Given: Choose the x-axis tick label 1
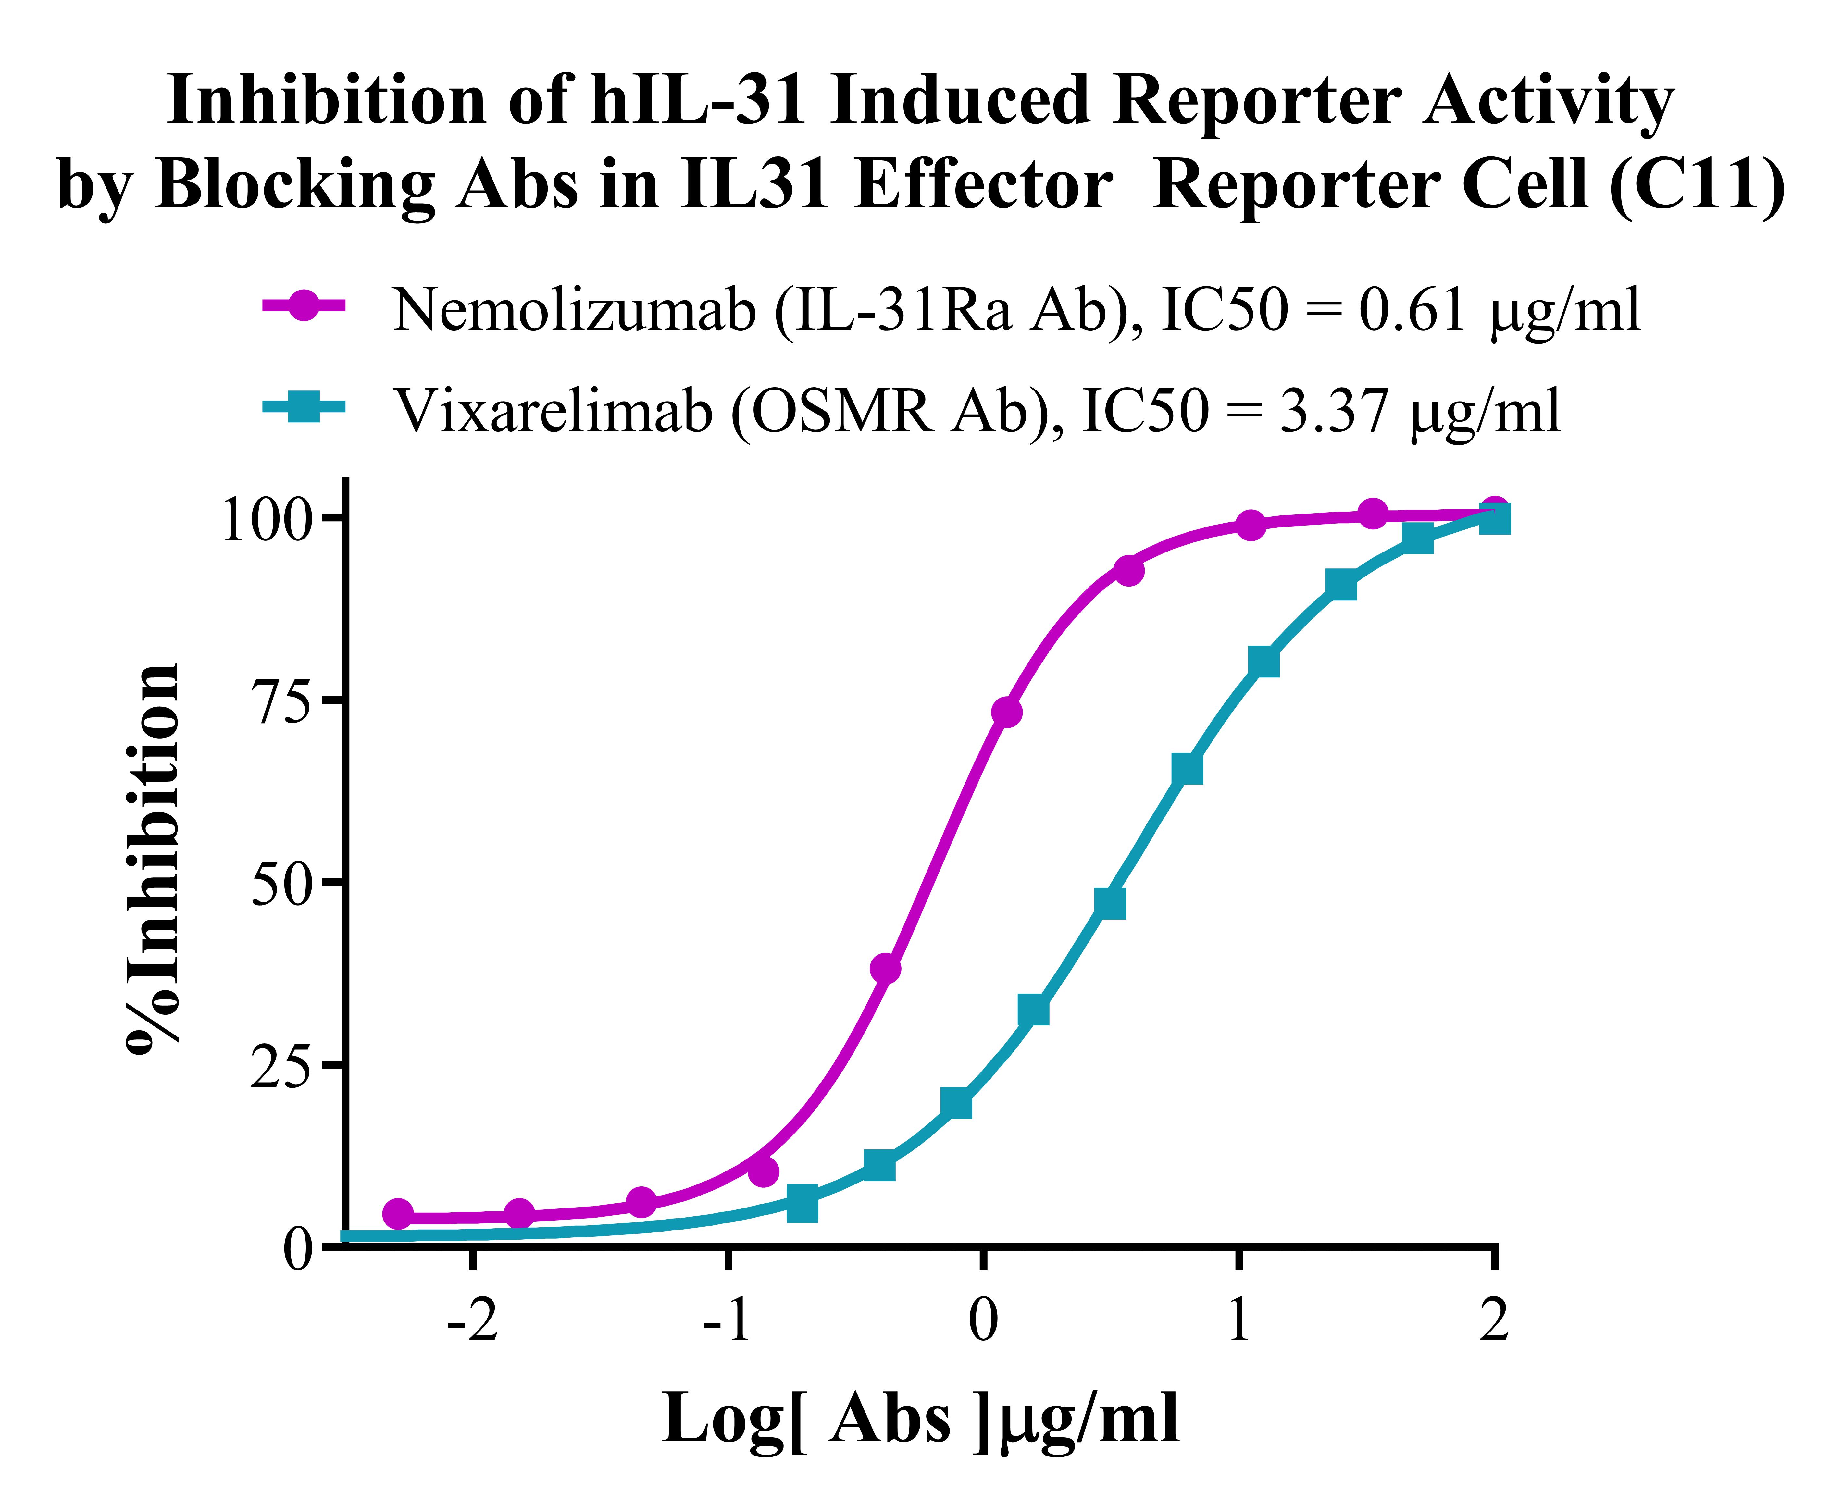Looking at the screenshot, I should coord(1238,1321).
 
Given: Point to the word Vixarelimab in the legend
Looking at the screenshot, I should coord(554,410).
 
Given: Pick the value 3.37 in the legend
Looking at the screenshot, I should coord(1333,410).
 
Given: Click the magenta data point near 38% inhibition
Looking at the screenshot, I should coord(885,968).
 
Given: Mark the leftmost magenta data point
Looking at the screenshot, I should coord(398,1213).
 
